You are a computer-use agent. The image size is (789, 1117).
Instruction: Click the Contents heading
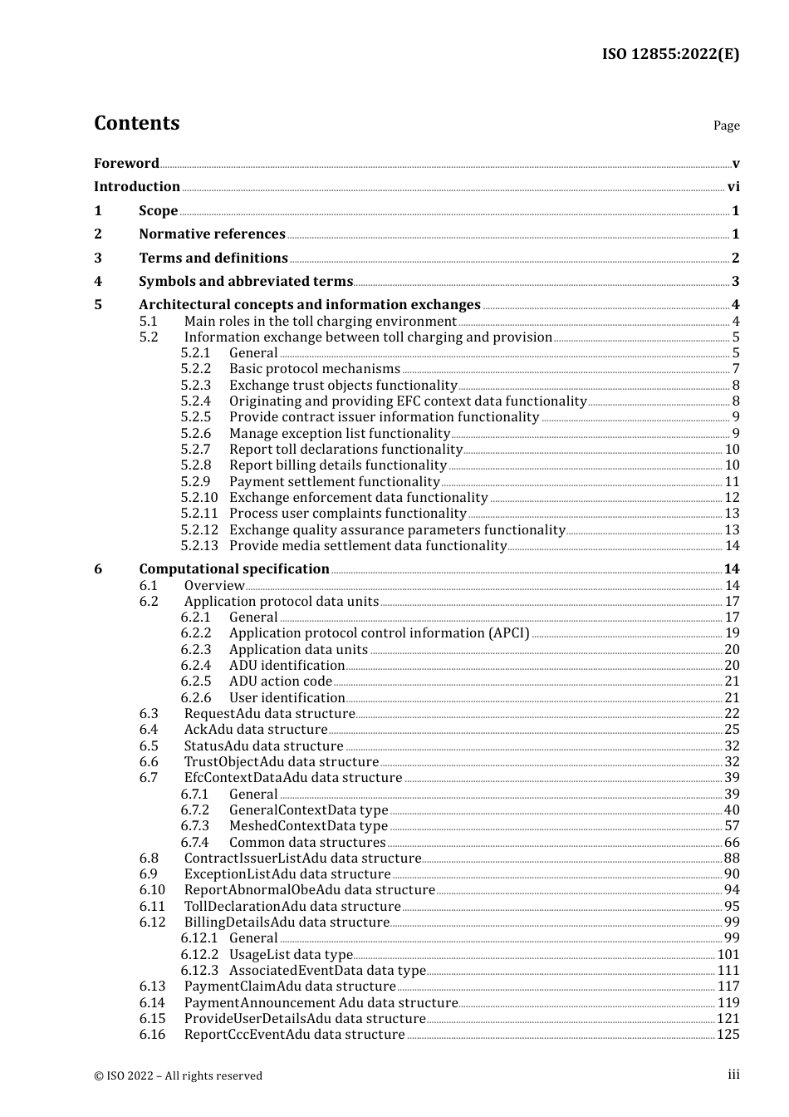pyautogui.click(x=136, y=123)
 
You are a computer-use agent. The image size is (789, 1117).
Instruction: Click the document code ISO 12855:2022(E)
pyautogui.click(x=670, y=54)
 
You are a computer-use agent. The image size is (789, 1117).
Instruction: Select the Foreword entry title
pyautogui.click(x=126, y=163)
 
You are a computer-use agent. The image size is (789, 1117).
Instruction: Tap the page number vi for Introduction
pyautogui.click(x=733, y=187)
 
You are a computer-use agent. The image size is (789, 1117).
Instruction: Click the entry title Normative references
pyautogui.click(x=212, y=234)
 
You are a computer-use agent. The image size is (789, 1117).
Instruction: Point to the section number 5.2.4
pyautogui.click(x=196, y=401)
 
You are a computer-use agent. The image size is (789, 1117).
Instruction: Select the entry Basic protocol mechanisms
pyautogui.click(x=314, y=369)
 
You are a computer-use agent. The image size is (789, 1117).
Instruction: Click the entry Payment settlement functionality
pyautogui.click(x=334, y=482)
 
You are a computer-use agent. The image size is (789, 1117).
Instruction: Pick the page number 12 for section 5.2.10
pyautogui.click(x=732, y=498)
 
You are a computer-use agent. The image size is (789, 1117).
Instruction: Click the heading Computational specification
pyautogui.click(x=234, y=569)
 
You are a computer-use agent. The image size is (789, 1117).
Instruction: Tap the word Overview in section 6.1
pyautogui.click(x=214, y=586)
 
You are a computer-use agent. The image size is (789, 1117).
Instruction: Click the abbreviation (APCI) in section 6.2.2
pyautogui.click(x=509, y=633)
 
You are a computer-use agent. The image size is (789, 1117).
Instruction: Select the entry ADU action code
pyautogui.click(x=280, y=682)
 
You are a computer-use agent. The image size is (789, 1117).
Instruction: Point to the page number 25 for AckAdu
pyautogui.click(x=732, y=730)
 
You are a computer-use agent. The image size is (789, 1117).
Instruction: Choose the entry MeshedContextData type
pyautogui.click(x=308, y=826)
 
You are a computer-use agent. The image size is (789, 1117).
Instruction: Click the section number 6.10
pyautogui.click(x=152, y=890)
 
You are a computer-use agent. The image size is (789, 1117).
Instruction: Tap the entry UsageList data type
pyautogui.click(x=291, y=955)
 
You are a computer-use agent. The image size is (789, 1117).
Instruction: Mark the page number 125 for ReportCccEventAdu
pyautogui.click(x=728, y=1035)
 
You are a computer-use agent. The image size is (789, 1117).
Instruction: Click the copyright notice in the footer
pyautogui.click(x=178, y=1075)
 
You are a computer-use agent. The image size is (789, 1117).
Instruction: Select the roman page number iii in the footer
pyautogui.click(x=733, y=1075)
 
